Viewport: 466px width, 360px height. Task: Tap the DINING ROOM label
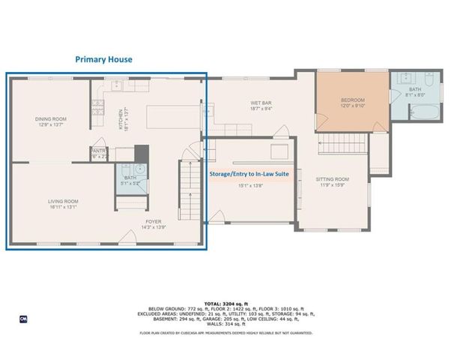click(51, 118)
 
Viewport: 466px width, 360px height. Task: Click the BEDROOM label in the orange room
click(353, 100)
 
